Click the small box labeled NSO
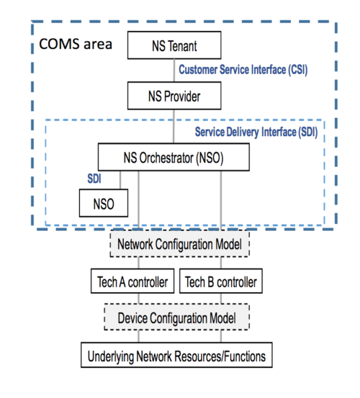click(x=103, y=203)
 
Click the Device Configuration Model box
click(x=180, y=317)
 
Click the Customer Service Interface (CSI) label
click(x=247, y=70)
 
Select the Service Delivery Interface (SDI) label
click(x=256, y=132)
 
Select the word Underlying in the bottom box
click(x=114, y=355)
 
